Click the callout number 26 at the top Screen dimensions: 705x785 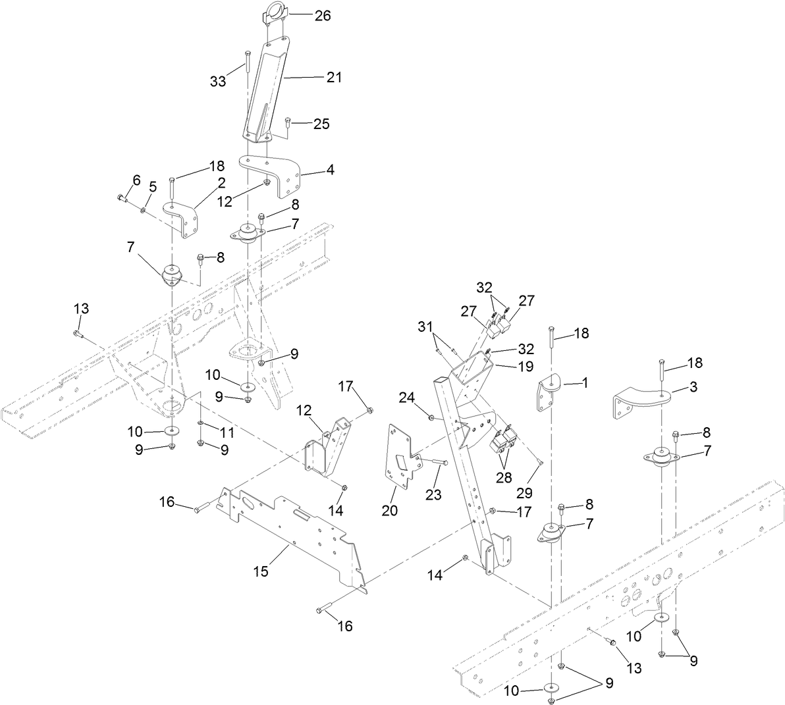pyautogui.click(x=322, y=16)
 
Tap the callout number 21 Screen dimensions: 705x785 pyautogui.click(x=334, y=77)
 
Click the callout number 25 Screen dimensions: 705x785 pyautogui.click(x=321, y=124)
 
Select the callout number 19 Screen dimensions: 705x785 pyautogui.click(x=524, y=366)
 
